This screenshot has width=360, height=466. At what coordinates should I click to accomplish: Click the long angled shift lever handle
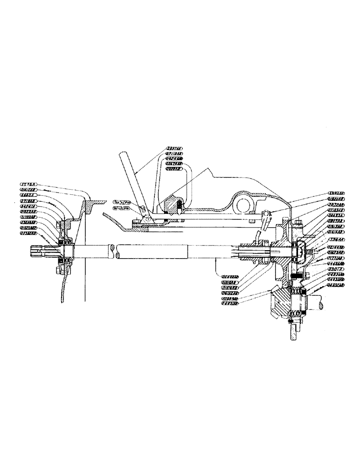click(133, 181)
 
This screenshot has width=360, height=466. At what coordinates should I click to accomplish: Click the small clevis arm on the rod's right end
click(266, 218)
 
